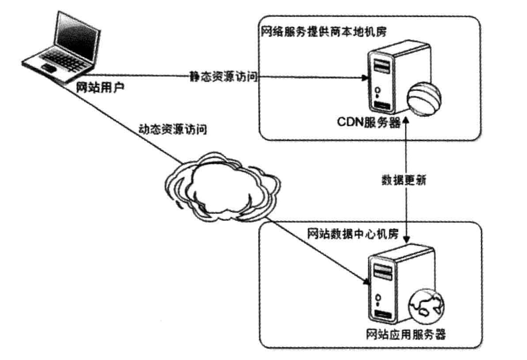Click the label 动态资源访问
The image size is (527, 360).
pyautogui.click(x=171, y=131)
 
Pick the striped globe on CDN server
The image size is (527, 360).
pyautogui.click(x=423, y=100)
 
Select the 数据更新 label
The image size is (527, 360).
pyautogui.click(x=403, y=181)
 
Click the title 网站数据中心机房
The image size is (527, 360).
pyautogui.click(x=352, y=234)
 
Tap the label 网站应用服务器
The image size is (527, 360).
pyautogui.click(x=406, y=334)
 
